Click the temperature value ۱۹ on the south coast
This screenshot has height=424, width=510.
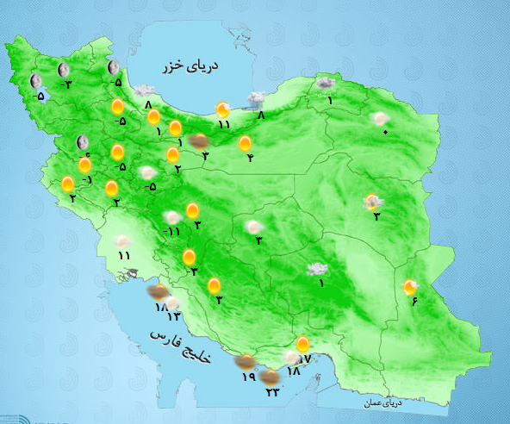coord(248,377)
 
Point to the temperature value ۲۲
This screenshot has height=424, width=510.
coord(273,391)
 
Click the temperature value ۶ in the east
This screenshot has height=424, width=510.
coord(414,300)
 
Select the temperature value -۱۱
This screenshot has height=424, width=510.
coord(172,231)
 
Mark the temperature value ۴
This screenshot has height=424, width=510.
coord(249,158)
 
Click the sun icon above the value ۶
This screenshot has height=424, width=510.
coord(411,285)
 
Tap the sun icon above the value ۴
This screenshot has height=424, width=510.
coord(246,143)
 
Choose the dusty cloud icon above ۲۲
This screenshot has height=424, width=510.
coord(270,377)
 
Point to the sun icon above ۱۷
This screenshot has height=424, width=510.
coord(302,345)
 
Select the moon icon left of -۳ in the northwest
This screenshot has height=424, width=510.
coord(62,69)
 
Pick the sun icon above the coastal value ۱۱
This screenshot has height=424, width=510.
coord(223,109)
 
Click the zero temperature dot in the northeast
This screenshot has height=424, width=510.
coord(385,131)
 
